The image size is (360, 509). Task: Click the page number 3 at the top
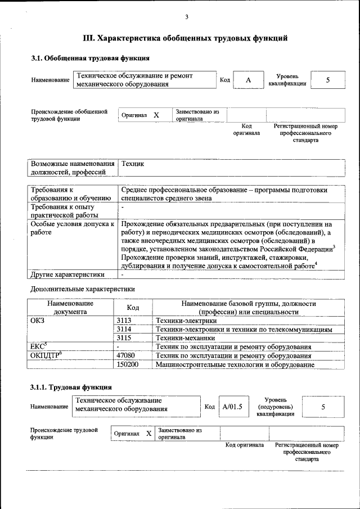[186, 17]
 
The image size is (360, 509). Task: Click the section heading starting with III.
[186, 38]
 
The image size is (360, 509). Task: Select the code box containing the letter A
[248, 80]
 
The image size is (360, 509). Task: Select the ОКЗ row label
[37, 321]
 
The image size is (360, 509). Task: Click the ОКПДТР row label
[46, 355]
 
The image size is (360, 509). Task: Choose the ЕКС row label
[38, 346]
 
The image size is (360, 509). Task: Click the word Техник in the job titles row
[133, 163]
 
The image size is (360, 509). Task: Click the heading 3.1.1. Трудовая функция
[71, 387]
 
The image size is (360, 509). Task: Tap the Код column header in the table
[133, 308]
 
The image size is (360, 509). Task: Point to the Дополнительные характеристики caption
[82, 289]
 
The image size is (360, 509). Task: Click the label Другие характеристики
[67, 275]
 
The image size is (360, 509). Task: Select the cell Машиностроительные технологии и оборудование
[235, 364]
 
